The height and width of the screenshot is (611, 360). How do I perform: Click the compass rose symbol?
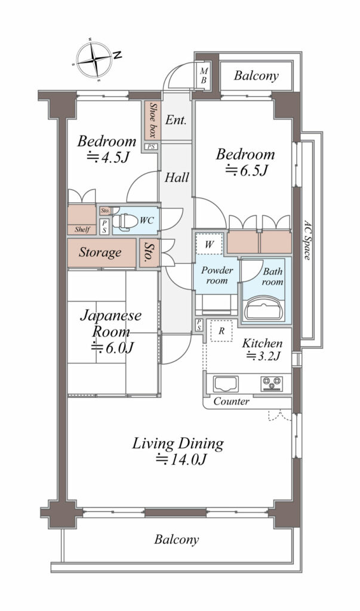coord(95,60)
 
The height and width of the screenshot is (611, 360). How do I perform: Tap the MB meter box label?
coord(204,76)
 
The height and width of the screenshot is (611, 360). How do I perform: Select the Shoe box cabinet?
coord(151,121)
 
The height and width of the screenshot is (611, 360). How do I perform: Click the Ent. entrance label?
coord(176,119)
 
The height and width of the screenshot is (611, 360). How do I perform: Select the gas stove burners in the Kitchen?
coord(272,384)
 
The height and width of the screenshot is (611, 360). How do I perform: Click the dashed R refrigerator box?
coord(221,331)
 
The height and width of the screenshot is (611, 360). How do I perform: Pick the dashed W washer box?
coord(209,245)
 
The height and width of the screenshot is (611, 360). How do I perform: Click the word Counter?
coord(231,402)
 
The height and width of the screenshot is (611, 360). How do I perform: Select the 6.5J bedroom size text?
coord(247,170)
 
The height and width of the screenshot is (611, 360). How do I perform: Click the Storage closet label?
coord(100,252)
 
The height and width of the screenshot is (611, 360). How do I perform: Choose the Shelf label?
coord(82,229)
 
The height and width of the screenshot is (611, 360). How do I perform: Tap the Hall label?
coord(177,178)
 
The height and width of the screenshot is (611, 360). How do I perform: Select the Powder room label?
coord(217,275)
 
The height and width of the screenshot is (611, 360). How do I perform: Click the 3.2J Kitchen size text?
coord(263,356)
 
